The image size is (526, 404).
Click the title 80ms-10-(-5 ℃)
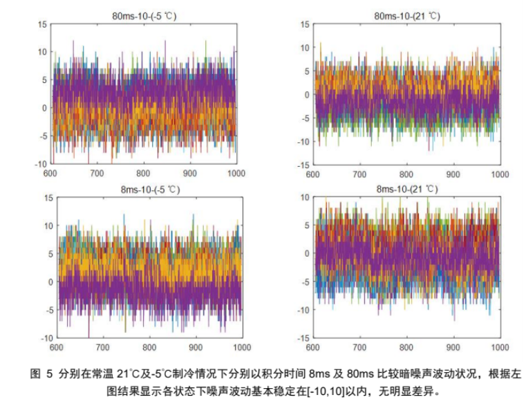(x=144, y=15)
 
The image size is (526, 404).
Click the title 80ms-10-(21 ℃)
(x=406, y=15)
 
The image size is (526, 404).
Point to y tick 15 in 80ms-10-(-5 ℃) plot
(x=41, y=24)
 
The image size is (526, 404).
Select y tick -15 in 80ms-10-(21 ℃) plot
(x=303, y=165)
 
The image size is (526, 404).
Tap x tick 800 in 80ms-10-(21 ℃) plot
(x=406, y=174)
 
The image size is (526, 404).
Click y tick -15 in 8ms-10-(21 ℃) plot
(x=303, y=338)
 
